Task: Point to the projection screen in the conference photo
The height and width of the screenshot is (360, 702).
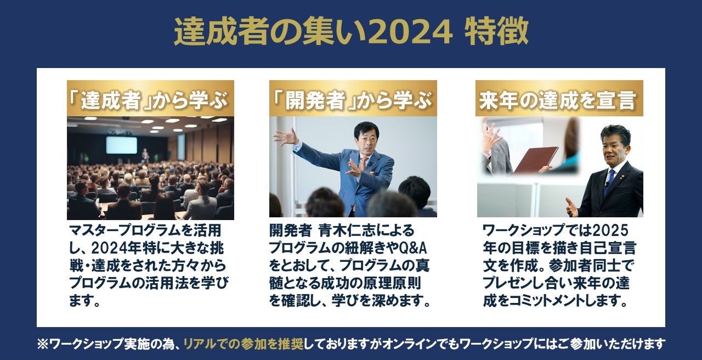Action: coord(121,144)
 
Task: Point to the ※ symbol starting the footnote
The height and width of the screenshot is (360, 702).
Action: coord(43,344)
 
